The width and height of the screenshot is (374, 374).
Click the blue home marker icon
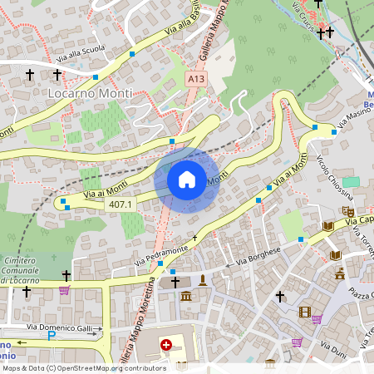point(187,180)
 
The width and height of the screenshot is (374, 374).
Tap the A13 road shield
point(196,79)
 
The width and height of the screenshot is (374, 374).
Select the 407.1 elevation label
point(121,204)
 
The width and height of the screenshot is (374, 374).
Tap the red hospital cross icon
point(166,344)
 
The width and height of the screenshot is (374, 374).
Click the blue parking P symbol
point(51,337)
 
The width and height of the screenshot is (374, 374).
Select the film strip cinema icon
point(304,312)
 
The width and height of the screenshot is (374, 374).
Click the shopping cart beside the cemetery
point(64,290)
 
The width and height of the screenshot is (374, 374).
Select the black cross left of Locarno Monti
point(30,75)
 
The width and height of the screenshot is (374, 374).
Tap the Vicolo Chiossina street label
point(335,177)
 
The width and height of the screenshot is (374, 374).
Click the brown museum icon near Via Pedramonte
point(185,297)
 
